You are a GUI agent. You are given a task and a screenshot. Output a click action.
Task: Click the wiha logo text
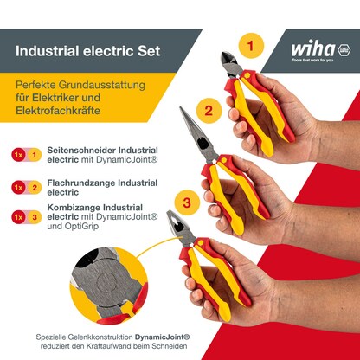[314, 48]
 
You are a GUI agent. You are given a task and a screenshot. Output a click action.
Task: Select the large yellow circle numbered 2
[209, 110]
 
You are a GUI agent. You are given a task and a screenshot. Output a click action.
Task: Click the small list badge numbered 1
[35, 154]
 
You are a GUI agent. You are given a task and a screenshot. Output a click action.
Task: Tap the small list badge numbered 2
[35, 186]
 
